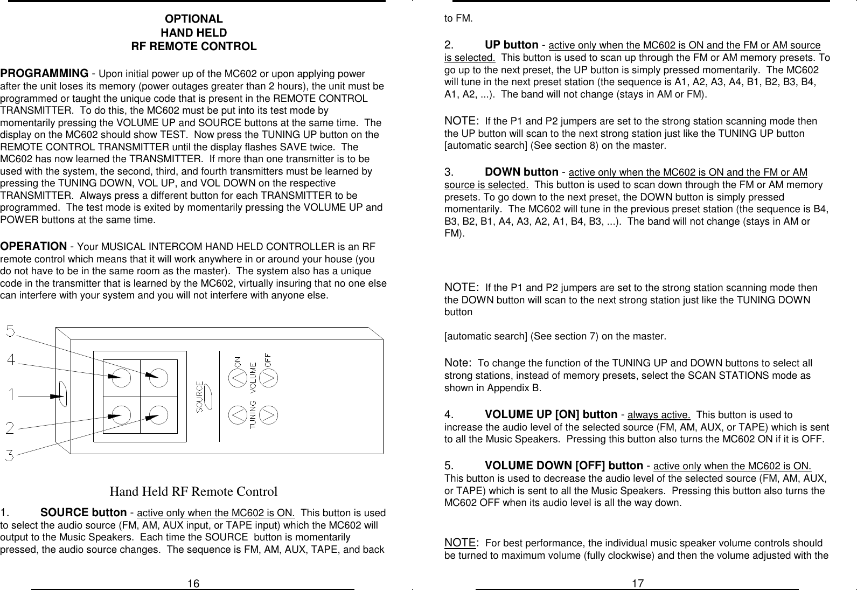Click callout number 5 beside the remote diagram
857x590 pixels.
[11, 331]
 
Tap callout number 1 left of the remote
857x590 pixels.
[11, 395]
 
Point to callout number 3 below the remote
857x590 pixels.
[11, 456]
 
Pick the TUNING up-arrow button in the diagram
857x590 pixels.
[239, 415]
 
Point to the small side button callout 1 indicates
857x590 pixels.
[62, 395]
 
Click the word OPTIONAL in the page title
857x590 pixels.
[193, 20]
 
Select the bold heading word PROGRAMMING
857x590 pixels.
[44, 73]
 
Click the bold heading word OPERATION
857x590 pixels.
[33, 246]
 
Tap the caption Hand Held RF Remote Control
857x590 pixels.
[193, 492]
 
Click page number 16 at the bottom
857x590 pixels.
[193, 584]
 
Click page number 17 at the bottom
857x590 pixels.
[637, 584]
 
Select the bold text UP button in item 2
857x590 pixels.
[511, 45]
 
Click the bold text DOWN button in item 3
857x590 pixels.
[521, 172]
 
